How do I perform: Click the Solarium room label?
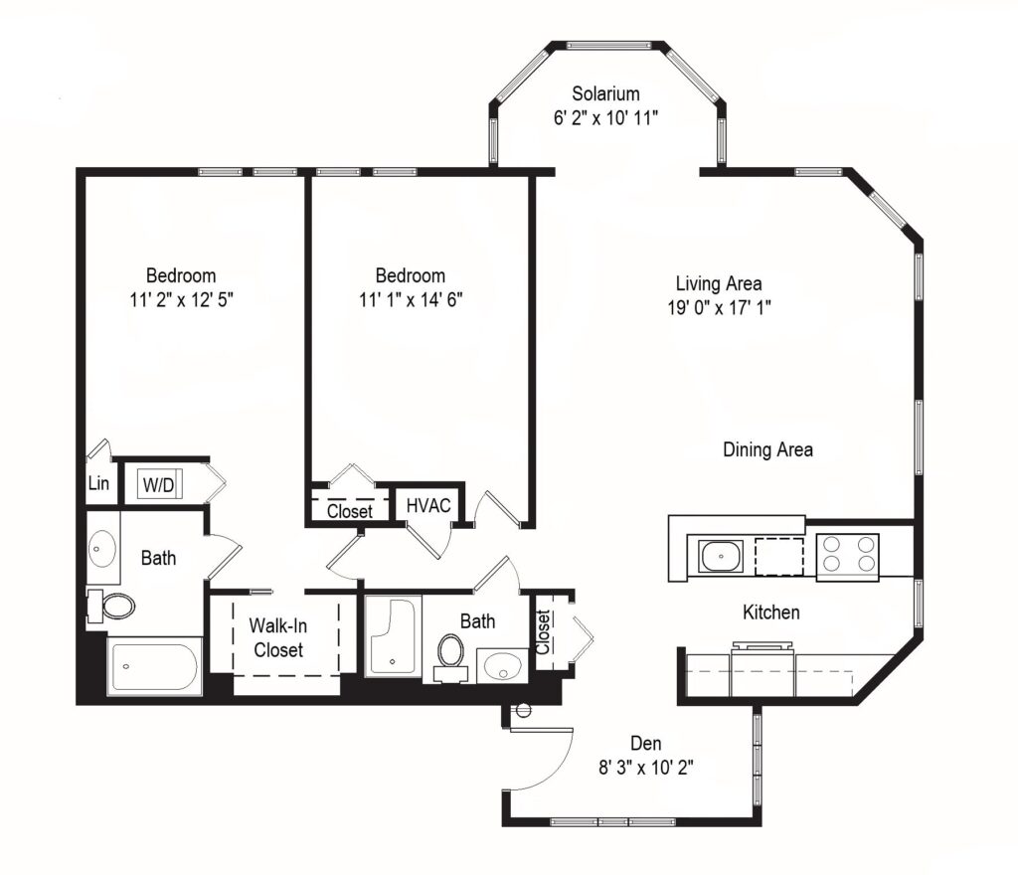pos(605,94)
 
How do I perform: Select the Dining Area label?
pos(767,449)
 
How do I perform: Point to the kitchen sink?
pos(720,556)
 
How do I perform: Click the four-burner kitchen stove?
pos(847,555)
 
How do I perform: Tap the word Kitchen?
pos(771,612)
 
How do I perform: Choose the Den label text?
pos(646,743)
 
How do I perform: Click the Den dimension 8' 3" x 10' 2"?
pos(646,767)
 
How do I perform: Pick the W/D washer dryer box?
pos(157,485)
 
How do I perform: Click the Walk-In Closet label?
pos(277,637)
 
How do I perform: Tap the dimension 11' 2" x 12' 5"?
pos(180,299)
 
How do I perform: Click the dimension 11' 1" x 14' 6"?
pos(410,299)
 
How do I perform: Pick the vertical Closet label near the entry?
pos(544,630)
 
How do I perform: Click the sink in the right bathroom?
pos(501,663)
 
